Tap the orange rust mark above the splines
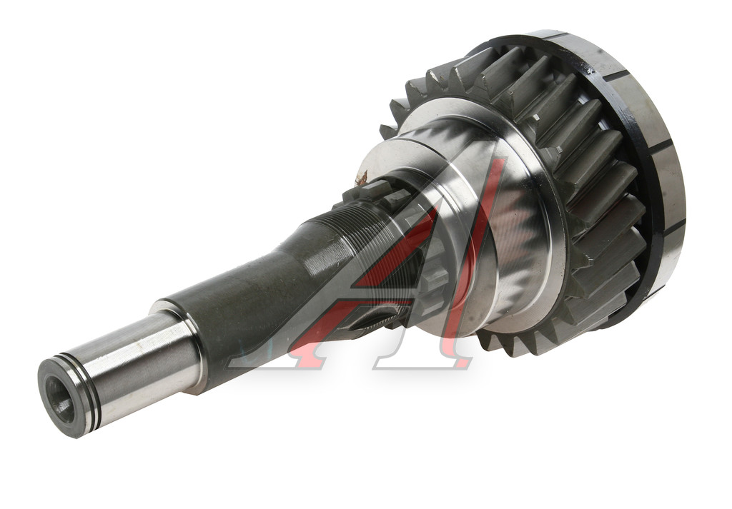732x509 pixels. [361, 178]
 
